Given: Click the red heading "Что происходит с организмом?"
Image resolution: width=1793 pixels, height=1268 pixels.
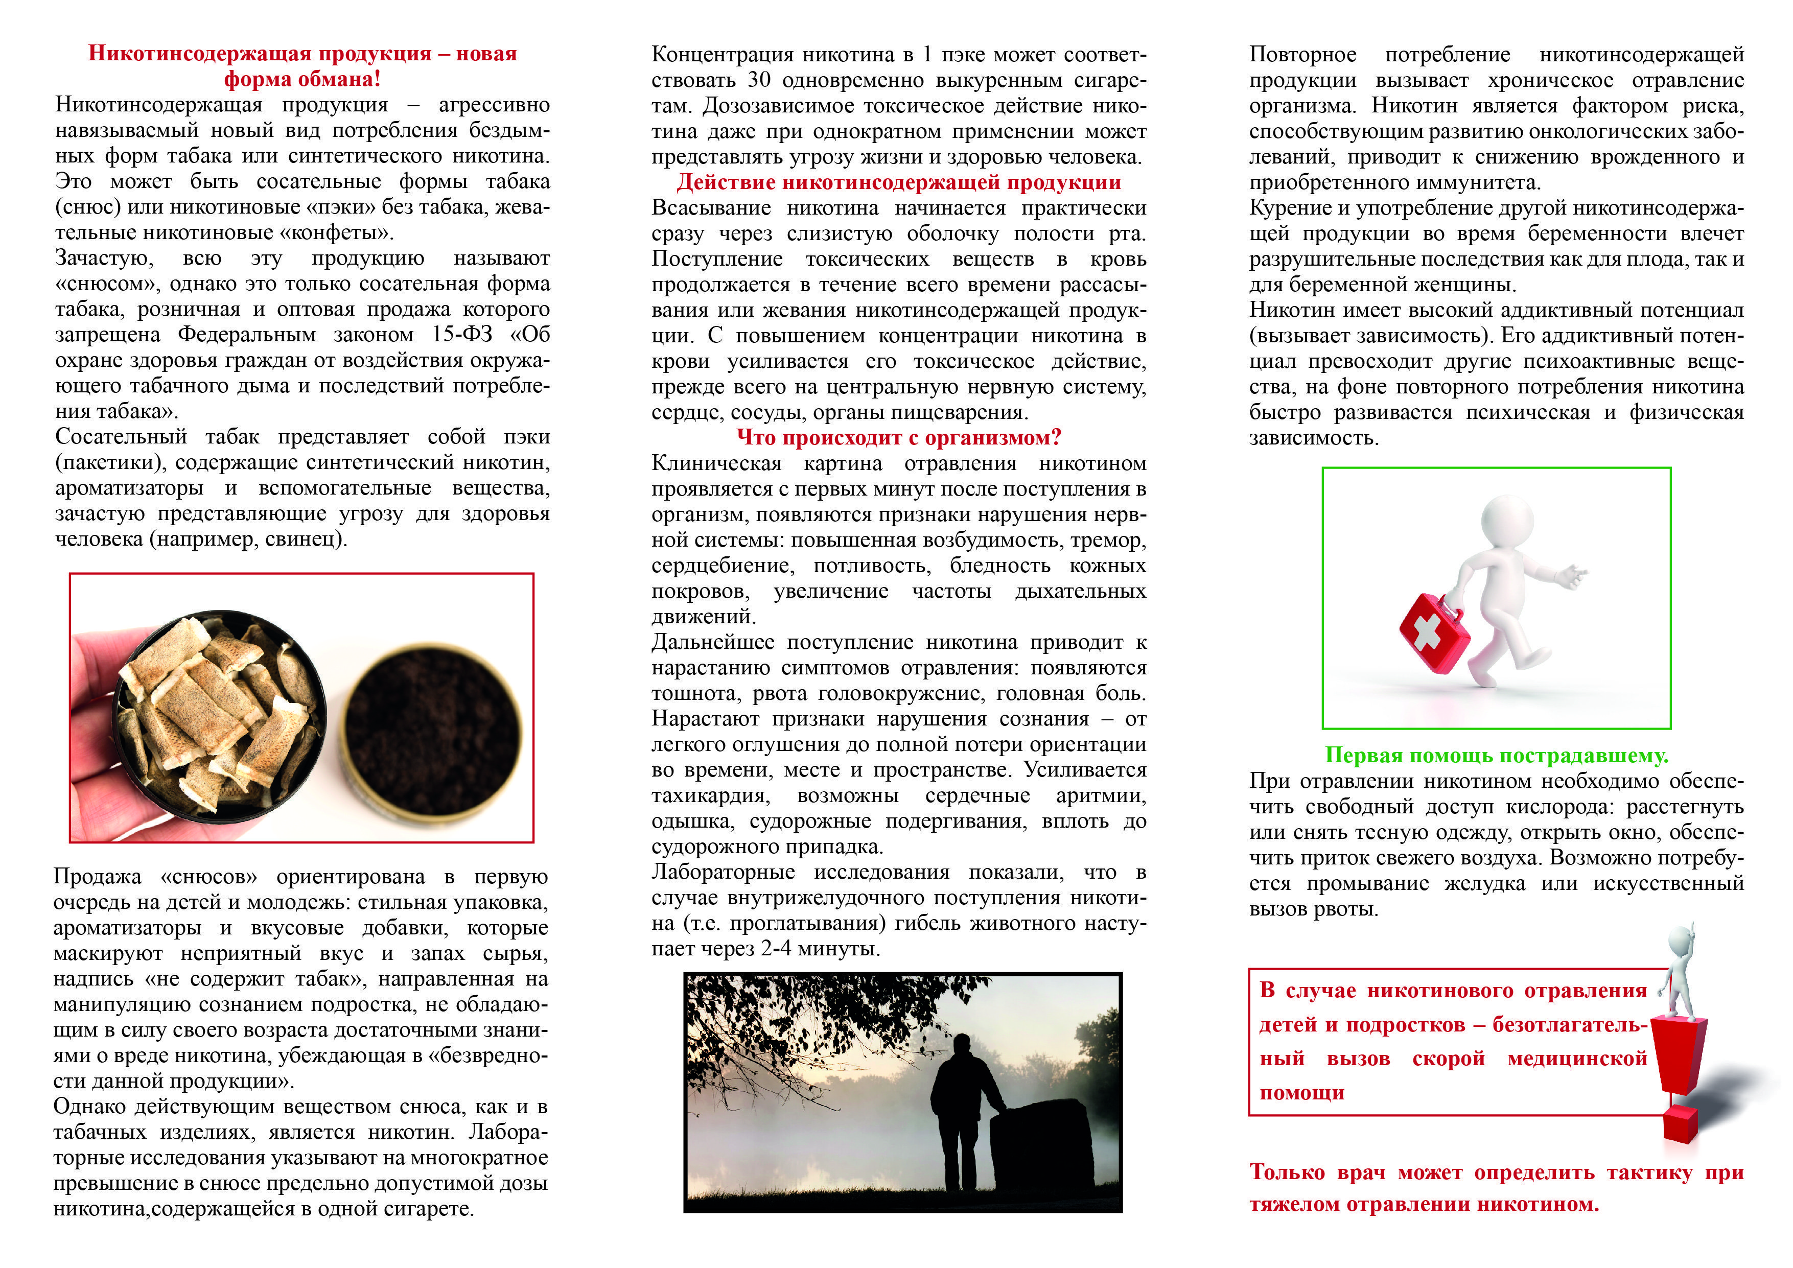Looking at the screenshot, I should [898, 438].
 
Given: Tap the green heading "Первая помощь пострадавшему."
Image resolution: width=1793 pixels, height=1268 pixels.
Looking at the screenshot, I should [1496, 756].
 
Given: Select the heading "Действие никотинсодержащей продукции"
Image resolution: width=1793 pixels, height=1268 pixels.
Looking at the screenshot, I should [898, 183].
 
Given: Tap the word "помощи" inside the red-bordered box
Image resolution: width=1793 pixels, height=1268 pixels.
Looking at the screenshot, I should [1302, 1093].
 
